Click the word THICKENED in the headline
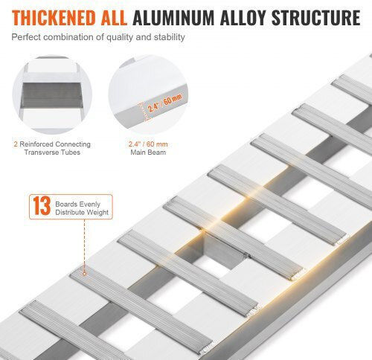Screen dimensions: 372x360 coord(54,18)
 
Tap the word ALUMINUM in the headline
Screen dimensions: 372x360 coord(173,18)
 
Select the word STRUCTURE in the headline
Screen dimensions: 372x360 coord(316,18)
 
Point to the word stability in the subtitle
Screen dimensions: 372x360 coord(169,37)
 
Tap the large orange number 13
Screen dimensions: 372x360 coord(42,205)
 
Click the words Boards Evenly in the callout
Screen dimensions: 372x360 coord(77,204)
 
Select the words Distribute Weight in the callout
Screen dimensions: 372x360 coord(82,212)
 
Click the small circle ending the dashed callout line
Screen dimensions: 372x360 coord(84,274)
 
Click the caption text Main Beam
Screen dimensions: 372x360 coord(148,152)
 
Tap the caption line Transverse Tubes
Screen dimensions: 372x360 coord(52,152)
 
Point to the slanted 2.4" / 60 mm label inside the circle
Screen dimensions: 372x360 coord(164,103)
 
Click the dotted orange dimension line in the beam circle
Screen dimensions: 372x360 coord(143,112)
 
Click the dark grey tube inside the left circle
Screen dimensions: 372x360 coord(52,95)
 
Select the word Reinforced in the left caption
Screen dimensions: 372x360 coord(36,144)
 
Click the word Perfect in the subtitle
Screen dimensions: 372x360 coord(26,37)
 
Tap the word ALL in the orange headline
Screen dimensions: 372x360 coord(115,18)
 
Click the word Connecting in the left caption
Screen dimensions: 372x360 coord(73,144)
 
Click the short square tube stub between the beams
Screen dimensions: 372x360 coord(222,251)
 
